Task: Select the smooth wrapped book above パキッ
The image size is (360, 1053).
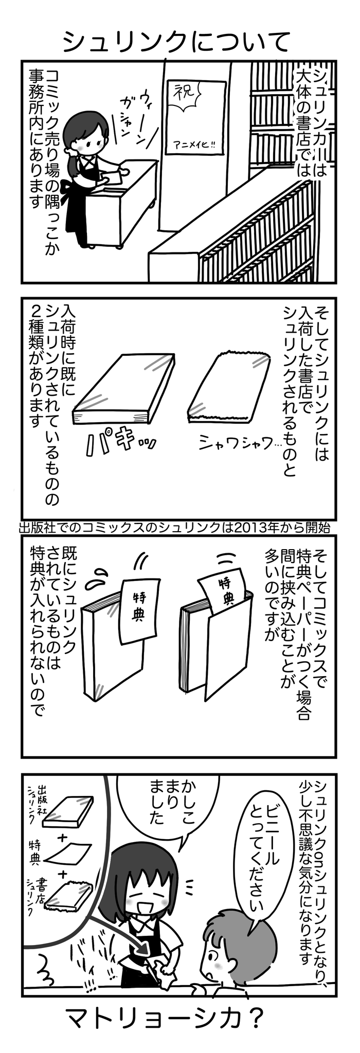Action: [123, 388]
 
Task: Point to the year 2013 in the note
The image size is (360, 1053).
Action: [249, 528]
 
